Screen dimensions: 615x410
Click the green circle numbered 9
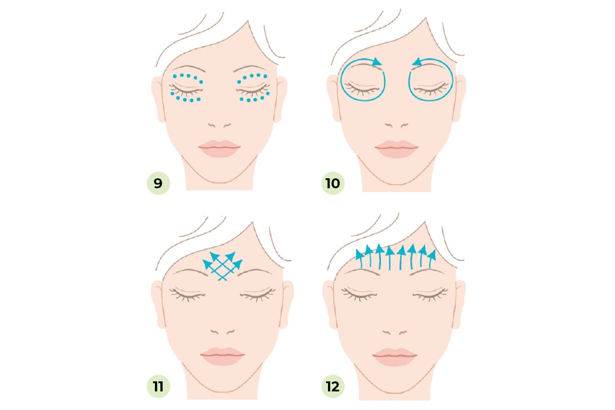click(x=158, y=183)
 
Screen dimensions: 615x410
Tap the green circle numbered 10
click(x=333, y=183)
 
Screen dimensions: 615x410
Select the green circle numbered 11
click(x=158, y=386)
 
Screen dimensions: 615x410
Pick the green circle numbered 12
click(x=333, y=386)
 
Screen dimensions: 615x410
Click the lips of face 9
click(x=220, y=149)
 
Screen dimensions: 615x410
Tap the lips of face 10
click(x=397, y=149)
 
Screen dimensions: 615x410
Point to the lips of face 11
click(x=222, y=356)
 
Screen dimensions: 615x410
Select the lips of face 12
click(x=395, y=357)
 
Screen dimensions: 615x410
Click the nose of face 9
click(x=219, y=125)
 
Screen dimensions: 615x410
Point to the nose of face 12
click(x=395, y=332)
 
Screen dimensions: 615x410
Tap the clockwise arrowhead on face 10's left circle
click(x=377, y=62)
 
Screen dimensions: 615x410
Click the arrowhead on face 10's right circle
click(x=417, y=62)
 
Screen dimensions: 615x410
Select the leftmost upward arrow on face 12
click(x=360, y=258)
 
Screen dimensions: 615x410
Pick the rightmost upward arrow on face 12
click(x=431, y=259)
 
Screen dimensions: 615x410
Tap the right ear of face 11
click(x=287, y=304)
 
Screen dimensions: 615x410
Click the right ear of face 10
click(x=459, y=98)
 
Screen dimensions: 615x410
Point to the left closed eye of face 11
click(x=187, y=294)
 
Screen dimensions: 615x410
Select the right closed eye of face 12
click(x=430, y=294)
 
